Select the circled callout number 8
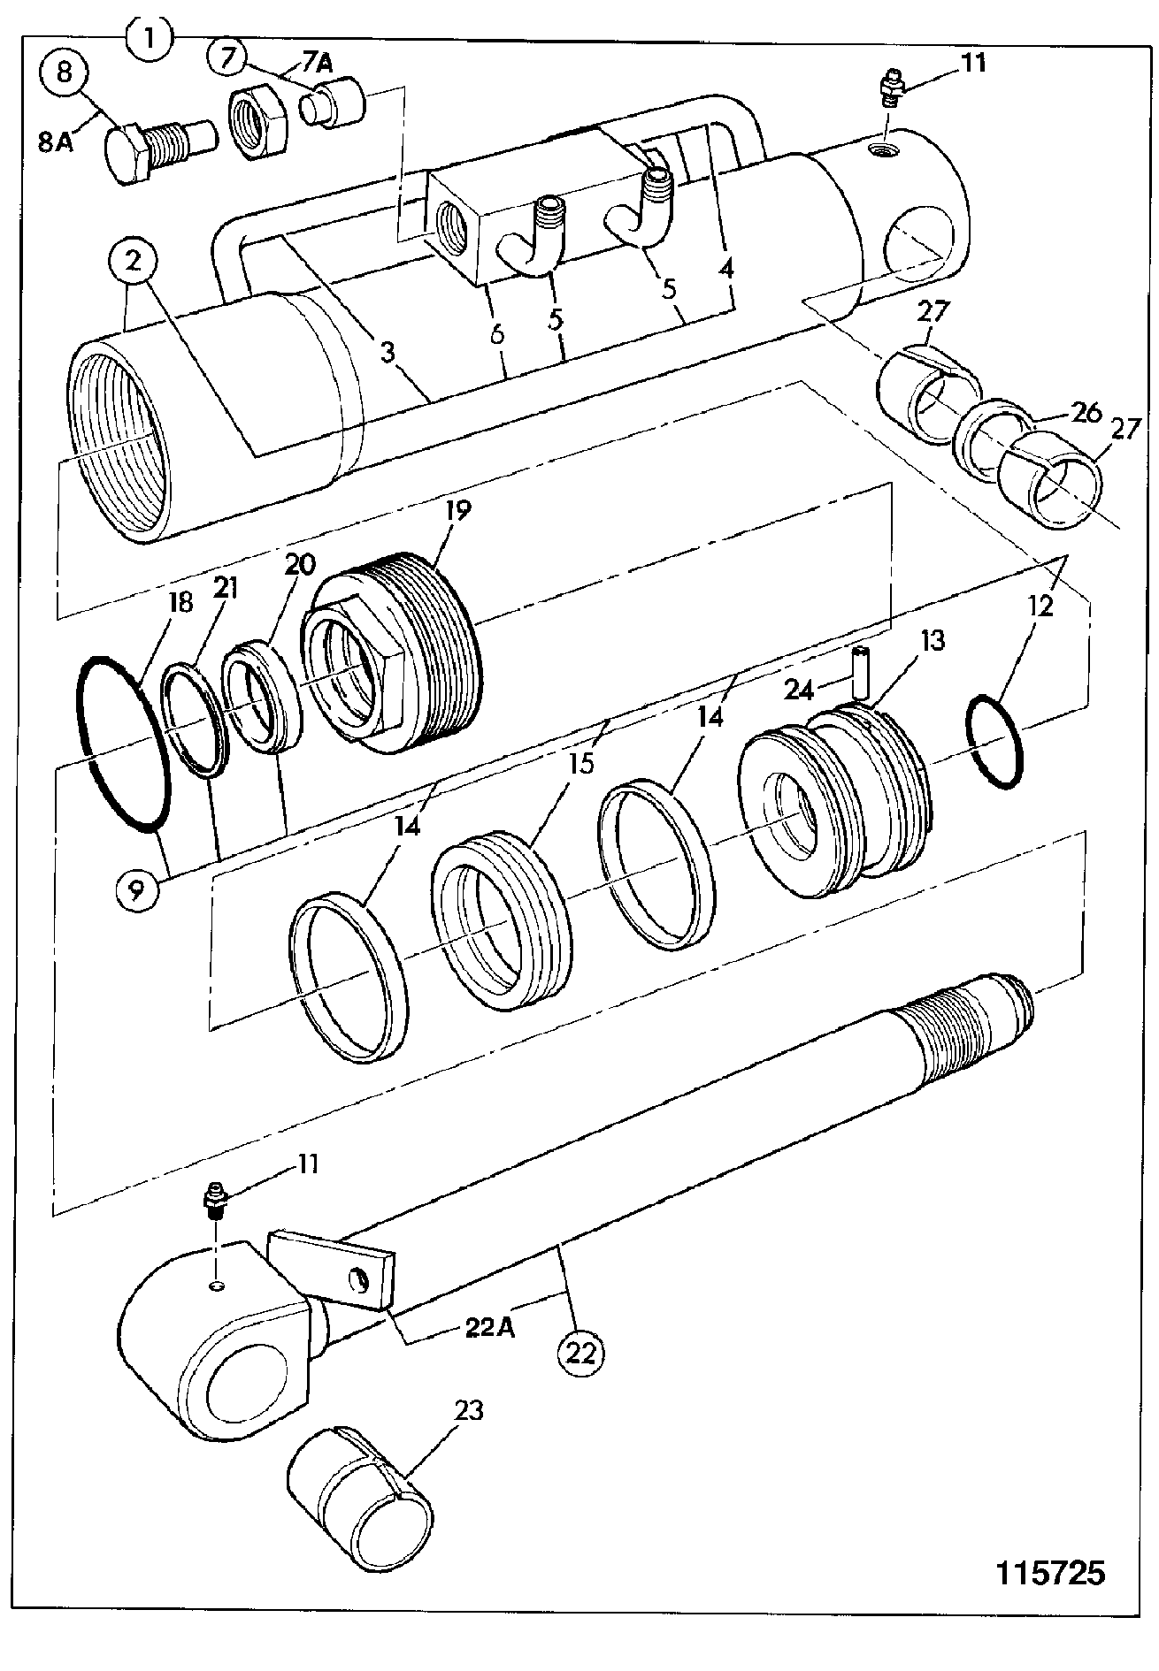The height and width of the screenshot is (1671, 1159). [65, 72]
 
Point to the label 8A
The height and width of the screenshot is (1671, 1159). [57, 141]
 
